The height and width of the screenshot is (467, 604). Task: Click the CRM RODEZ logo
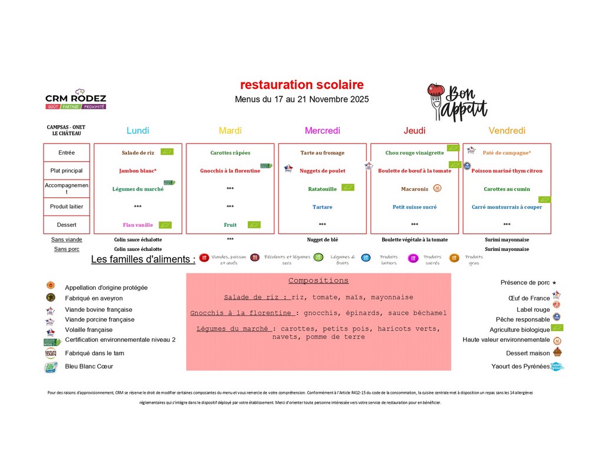click(x=75, y=99)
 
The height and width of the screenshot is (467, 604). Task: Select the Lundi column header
click(x=138, y=130)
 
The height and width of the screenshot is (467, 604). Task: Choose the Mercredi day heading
click(x=322, y=130)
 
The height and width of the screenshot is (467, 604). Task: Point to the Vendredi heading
click(x=507, y=130)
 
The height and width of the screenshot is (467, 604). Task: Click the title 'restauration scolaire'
click(x=301, y=85)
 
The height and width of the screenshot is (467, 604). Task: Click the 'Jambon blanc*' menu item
click(x=137, y=171)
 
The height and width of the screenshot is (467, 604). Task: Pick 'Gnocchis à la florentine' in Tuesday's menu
click(x=229, y=171)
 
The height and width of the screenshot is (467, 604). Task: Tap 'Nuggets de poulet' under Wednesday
click(x=322, y=171)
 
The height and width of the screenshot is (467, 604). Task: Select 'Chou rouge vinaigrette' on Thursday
click(x=414, y=153)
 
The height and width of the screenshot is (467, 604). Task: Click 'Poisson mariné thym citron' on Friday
click(x=507, y=171)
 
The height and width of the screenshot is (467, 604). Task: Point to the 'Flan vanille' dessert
click(x=137, y=225)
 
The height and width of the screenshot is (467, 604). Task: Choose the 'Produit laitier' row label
click(x=67, y=207)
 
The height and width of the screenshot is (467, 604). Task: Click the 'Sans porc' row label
click(x=67, y=249)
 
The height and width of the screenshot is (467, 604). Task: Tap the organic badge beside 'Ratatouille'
click(x=348, y=188)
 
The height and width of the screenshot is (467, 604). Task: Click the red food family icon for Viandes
click(x=204, y=257)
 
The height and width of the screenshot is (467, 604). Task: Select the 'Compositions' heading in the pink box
click(x=319, y=280)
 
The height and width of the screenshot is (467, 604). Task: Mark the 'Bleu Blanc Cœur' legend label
click(x=89, y=367)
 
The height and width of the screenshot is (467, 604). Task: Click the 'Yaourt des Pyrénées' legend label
click(x=520, y=367)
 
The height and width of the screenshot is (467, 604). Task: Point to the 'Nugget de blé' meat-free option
click(x=322, y=240)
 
